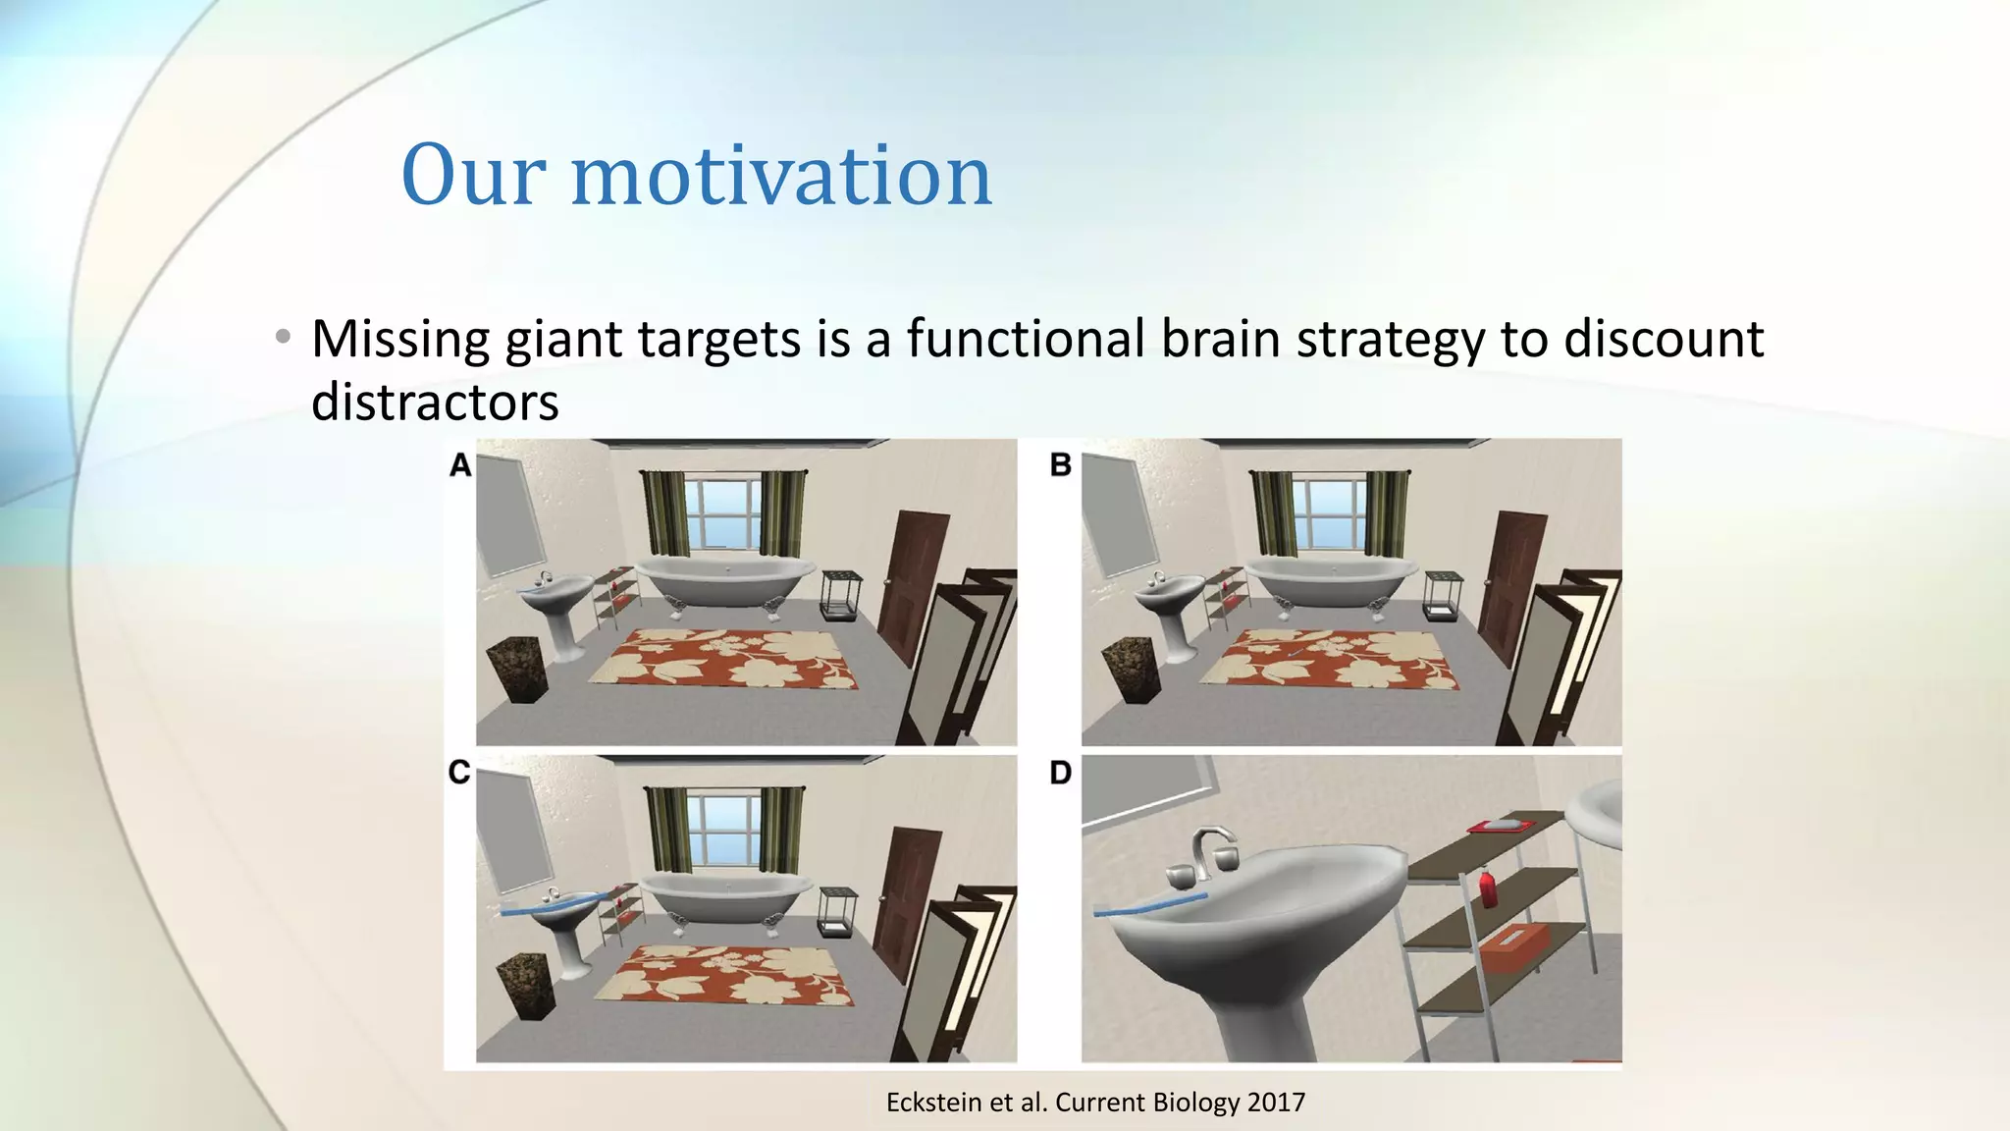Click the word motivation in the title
(781, 177)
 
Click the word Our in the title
(473, 177)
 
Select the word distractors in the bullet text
(435, 403)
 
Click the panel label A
(460, 464)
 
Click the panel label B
(1060, 464)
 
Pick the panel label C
(459, 773)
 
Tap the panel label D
(1060, 773)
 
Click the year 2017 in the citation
(1276, 1103)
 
